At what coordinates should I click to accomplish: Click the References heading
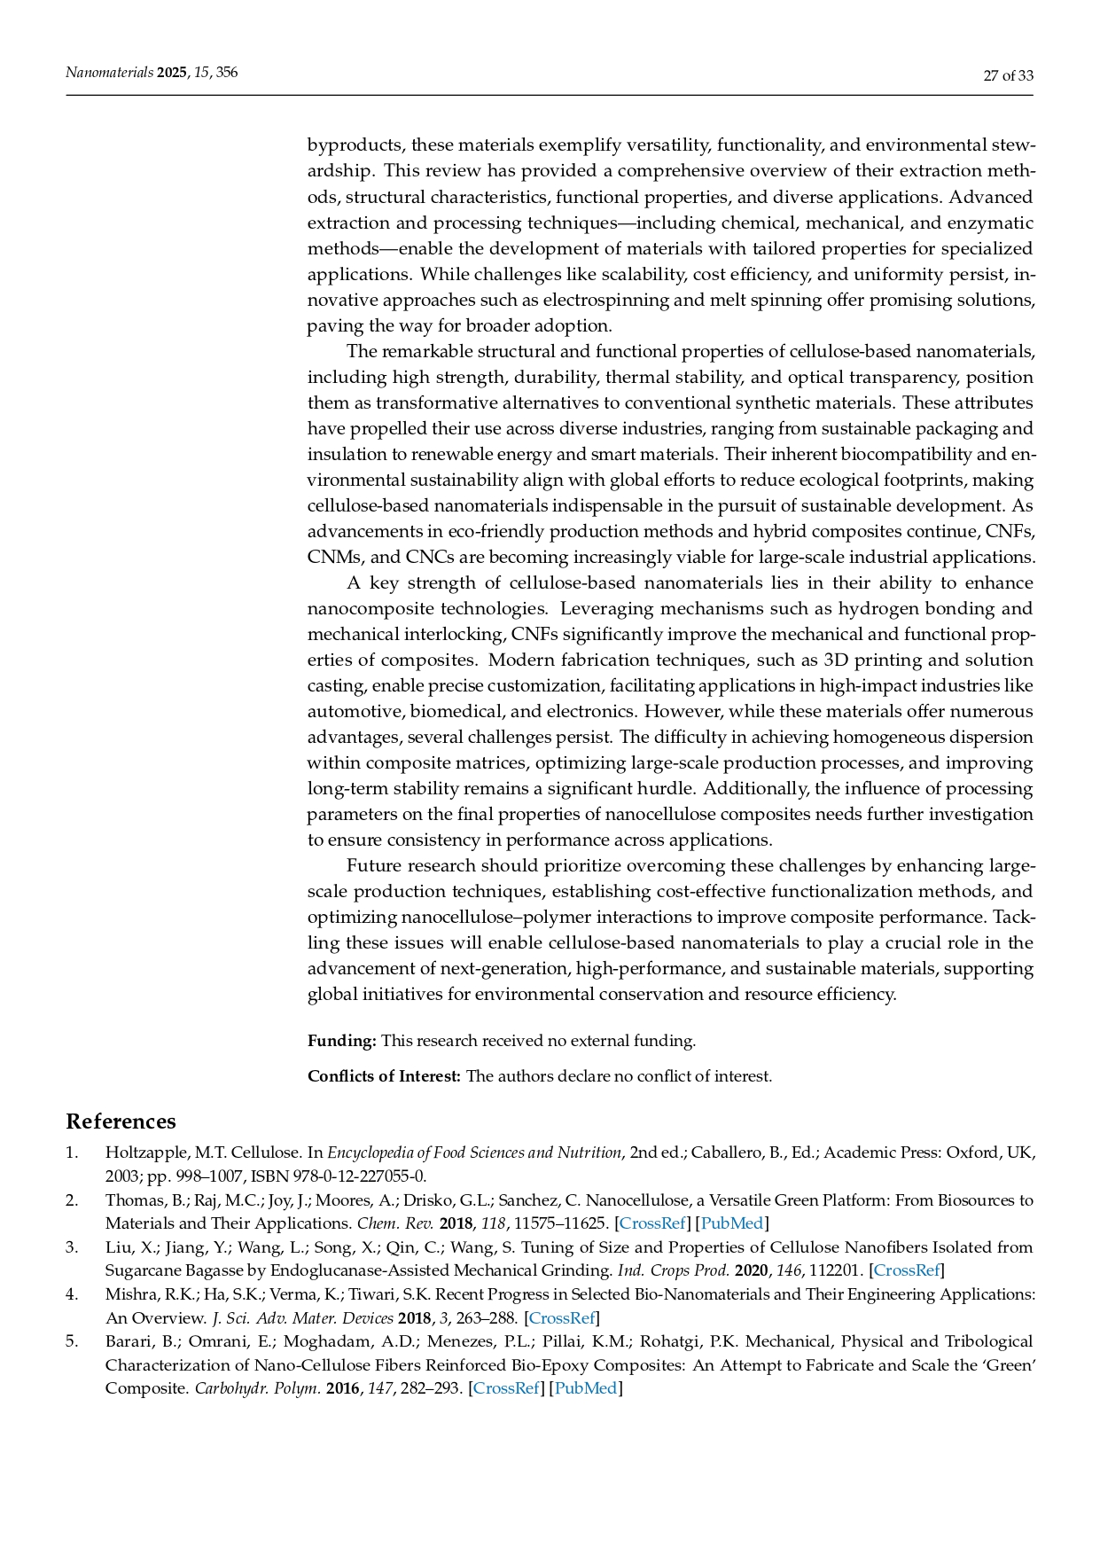click(121, 1121)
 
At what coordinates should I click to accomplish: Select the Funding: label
click(342, 1041)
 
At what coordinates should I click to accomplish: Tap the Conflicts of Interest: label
click(384, 1076)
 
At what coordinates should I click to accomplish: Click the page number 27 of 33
click(1008, 75)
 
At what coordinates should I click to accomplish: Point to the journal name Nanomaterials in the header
click(109, 73)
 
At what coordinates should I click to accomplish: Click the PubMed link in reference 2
click(731, 1223)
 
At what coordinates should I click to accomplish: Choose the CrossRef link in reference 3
click(907, 1270)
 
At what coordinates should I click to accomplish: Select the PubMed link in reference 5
click(585, 1388)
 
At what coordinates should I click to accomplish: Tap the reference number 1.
click(71, 1153)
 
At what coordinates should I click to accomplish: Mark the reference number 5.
click(71, 1341)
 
